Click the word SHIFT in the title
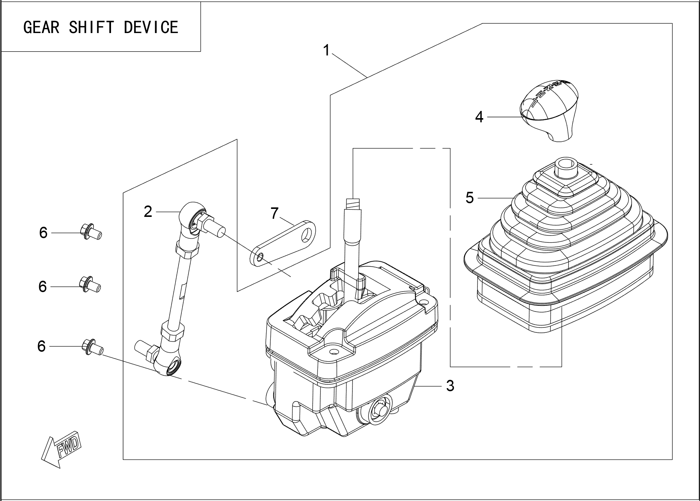click(x=91, y=27)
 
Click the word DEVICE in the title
click(x=151, y=27)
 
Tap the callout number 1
click(x=326, y=50)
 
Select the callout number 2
click(x=148, y=212)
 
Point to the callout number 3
click(x=450, y=386)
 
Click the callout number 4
click(x=479, y=117)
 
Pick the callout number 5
click(x=470, y=198)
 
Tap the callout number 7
click(x=275, y=213)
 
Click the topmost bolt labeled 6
click(x=90, y=232)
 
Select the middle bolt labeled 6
click(x=90, y=286)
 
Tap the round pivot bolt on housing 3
click(x=380, y=409)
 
